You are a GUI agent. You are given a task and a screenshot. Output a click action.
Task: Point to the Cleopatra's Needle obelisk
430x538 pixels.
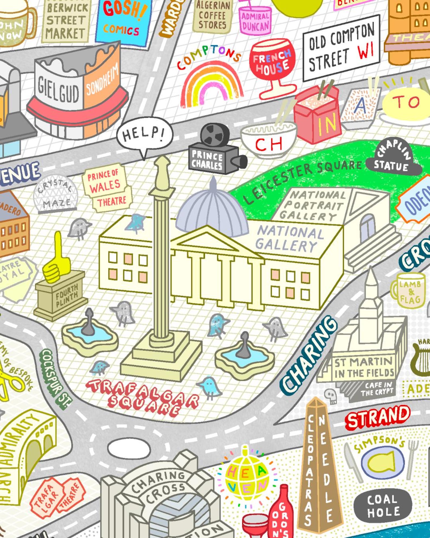pos(320,466)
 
